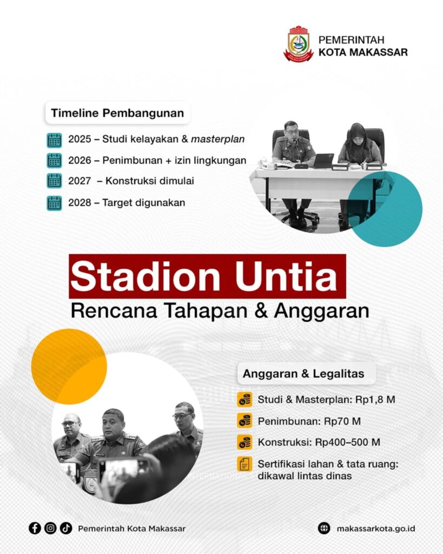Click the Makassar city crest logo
299,44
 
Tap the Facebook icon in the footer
35,528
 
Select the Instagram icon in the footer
50,528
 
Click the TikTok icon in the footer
66,528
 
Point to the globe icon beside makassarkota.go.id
324,528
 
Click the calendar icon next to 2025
54,140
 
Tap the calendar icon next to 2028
54,203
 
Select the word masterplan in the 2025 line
217,139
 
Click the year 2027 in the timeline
80,181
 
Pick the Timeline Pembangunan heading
117,113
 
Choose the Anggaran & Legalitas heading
303,373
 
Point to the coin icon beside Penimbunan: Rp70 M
244,421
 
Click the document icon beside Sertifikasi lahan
244,464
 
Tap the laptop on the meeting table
323,161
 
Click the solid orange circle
69,366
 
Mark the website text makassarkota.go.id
376,529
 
